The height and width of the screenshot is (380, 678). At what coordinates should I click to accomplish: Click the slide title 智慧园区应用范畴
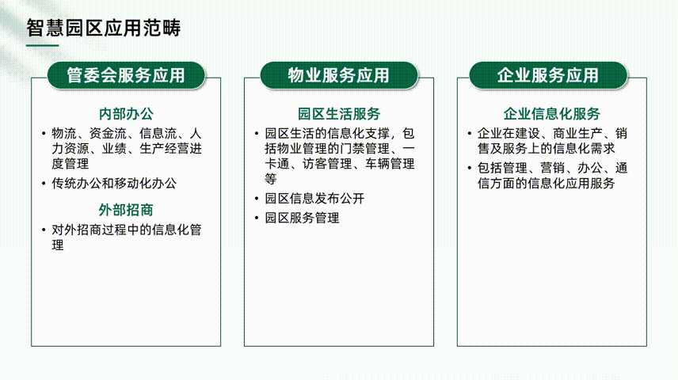pyautogui.click(x=103, y=28)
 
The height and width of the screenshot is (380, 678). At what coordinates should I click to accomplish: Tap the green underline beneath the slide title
pyautogui.click(x=43, y=45)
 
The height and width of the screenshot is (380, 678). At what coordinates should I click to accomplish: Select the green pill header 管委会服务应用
pyautogui.click(x=126, y=75)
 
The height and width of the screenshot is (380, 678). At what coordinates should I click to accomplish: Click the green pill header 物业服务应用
pyautogui.click(x=339, y=75)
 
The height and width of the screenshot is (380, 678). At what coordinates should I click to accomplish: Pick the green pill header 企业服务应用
pyautogui.click(x=548, y=75)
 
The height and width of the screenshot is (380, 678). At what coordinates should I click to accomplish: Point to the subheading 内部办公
pyautogui.click(x=126, y=114)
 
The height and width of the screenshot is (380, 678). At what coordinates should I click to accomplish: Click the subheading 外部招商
pyautogui.click(x=126, y=210)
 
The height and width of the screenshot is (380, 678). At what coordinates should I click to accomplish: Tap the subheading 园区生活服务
pyautogui.click(x=339, y=114)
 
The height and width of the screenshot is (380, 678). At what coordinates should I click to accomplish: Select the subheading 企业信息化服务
pyautogui.click(x=552, y=114)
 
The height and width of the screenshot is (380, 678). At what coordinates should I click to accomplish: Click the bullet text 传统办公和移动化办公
pyautogui.click(x=114, y=184)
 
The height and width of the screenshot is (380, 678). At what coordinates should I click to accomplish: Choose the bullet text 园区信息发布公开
pyautogui.click(x=314, y=199)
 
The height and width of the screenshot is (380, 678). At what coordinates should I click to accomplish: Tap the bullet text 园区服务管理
pyautogui.click(x=303, y=218)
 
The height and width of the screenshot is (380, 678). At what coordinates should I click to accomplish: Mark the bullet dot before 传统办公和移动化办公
pyautogui.click(x=44, y=184)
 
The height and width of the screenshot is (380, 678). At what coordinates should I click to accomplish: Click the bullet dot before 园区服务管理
pyautogui.click(x=257, y=218)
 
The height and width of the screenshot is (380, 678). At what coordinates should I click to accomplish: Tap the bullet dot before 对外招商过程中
pyautogui.click(x=44, y=230)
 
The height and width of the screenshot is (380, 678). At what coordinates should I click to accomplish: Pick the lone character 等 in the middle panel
pyautogui.click(x=271, y=179)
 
